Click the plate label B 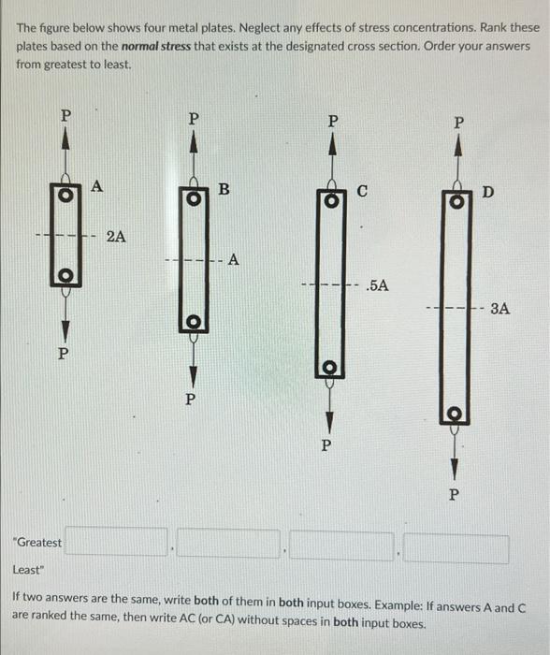click(223, 190)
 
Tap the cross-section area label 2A click(117, 237)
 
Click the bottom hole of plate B click(192, 323)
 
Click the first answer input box click(116, 544)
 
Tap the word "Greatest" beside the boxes click(37, 543)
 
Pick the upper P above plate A click(65, 116)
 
